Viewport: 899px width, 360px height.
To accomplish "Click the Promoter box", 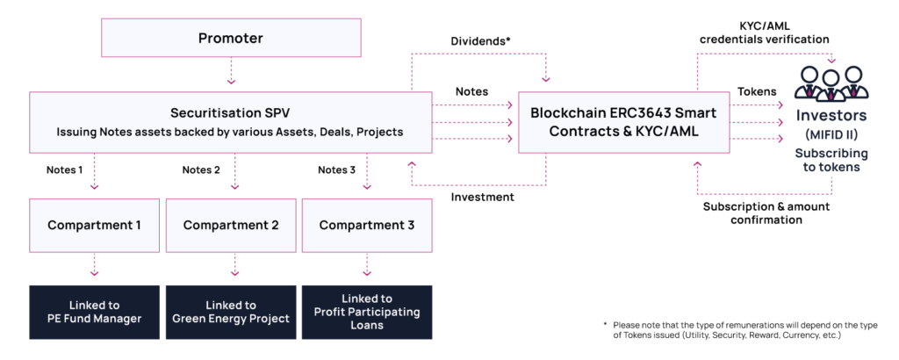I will pyautogui.click(x=231, y=39).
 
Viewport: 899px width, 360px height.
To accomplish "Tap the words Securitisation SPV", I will pyautogui.click(x=231, y=113).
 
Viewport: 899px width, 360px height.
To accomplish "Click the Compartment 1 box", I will pyautogui.click(x=94, y=225).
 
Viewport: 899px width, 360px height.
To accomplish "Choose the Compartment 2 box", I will pyautogui.click(x=231, y=225).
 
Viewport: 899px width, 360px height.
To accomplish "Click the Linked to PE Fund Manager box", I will pyautogui.click(x=94, y=312).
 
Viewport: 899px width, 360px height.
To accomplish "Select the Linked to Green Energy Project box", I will pyautogui.click(x=231, y=312).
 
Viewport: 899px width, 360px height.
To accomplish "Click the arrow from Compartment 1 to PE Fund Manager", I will pyautogui.click(x=94, y=266).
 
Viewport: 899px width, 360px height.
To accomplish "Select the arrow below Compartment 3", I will pyautogui.click(x=367, y=266).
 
